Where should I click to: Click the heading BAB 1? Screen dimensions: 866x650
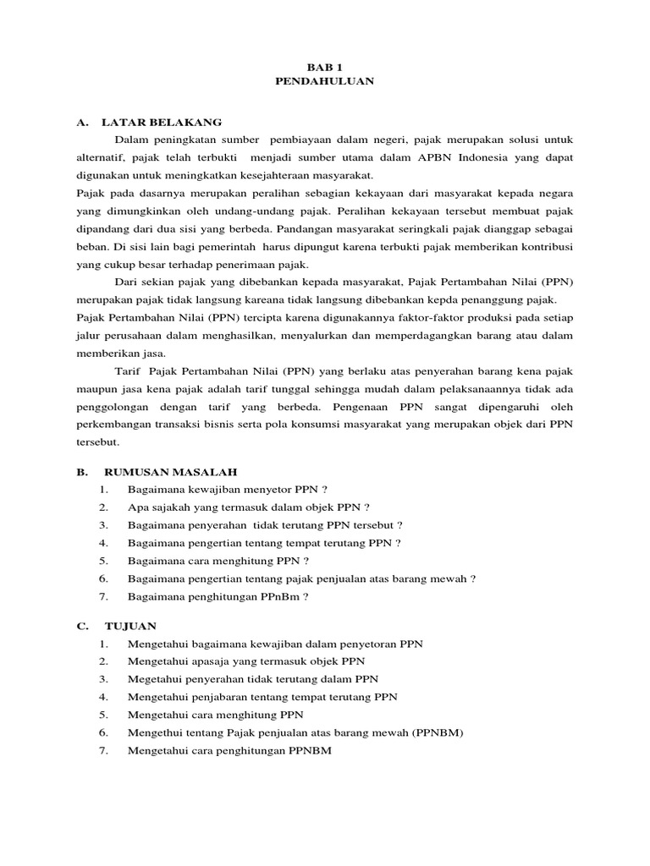tap(325, 65)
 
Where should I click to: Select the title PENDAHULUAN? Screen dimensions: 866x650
tap(325, 81)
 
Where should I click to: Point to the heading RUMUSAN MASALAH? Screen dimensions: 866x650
tap(170, 471)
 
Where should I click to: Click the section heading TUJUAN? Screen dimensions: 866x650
tap(130, 626)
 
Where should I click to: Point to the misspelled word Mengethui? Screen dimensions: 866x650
tap(157, 732)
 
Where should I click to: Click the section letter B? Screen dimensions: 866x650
tap(81, 471)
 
